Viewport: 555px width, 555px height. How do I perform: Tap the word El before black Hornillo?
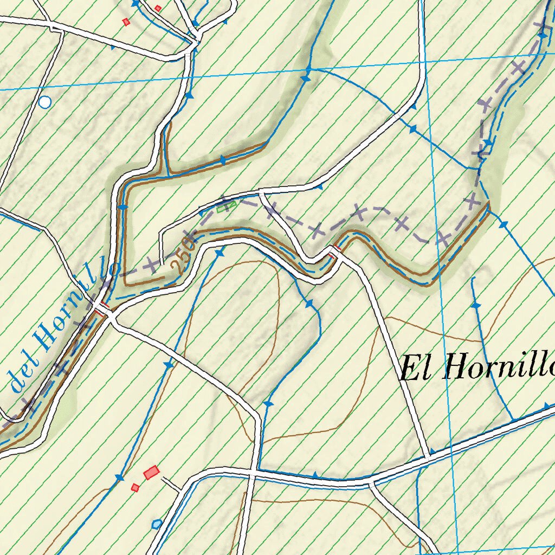(418, 369)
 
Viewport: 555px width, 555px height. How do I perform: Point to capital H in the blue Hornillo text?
(45, 339)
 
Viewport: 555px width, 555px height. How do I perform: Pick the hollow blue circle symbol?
(46, 101)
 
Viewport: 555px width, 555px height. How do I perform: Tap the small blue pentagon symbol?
(157, 524)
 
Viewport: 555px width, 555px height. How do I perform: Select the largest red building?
(152, 473)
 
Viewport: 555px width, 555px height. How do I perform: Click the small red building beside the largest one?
(135, 487)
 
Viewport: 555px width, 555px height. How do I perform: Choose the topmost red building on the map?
(158, 8)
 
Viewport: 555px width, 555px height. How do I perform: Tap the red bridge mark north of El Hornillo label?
(335, 249)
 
